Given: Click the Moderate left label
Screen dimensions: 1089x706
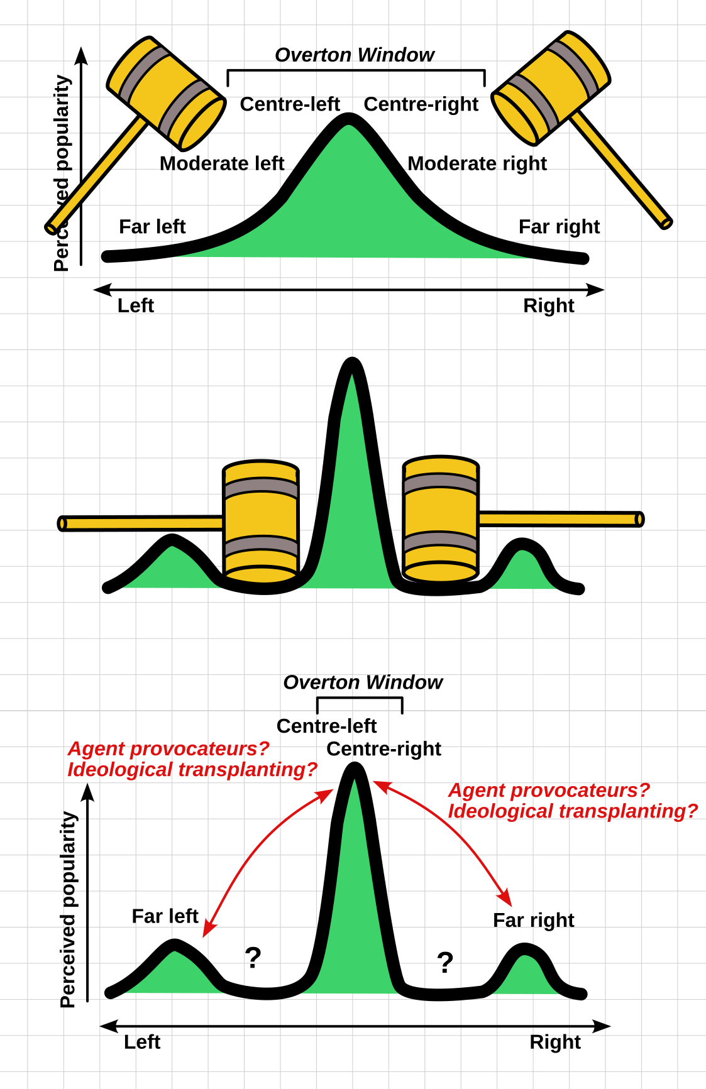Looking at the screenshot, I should coord(222,163).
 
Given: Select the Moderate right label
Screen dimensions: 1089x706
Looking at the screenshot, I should coord(477,163).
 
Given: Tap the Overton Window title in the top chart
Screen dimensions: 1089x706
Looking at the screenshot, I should coord(355,55).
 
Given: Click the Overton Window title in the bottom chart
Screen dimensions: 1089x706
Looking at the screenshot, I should coord(363,682).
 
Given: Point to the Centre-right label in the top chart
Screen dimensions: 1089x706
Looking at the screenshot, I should coord(421,104).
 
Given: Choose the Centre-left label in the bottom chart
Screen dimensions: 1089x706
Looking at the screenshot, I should coord(326,726).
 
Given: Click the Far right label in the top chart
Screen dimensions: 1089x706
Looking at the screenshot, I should coord(559,226).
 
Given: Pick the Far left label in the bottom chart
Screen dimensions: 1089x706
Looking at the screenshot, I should coord(165,916).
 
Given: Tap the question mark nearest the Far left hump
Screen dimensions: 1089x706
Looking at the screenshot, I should coord(253,958).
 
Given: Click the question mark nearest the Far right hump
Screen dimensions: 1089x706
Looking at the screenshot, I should coord(445,962).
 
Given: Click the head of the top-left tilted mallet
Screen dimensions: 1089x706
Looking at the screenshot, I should coord(167,93).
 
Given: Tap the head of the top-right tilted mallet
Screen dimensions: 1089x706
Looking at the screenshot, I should coord(551,88).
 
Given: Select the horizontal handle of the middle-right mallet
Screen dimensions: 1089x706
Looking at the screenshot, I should coord(560,519).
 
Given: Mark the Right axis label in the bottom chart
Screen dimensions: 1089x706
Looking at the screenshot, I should coord(555,1042).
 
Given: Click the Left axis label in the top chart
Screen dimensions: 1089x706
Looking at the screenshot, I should coord(136,306).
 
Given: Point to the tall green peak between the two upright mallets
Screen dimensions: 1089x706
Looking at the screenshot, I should coord(352,478).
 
